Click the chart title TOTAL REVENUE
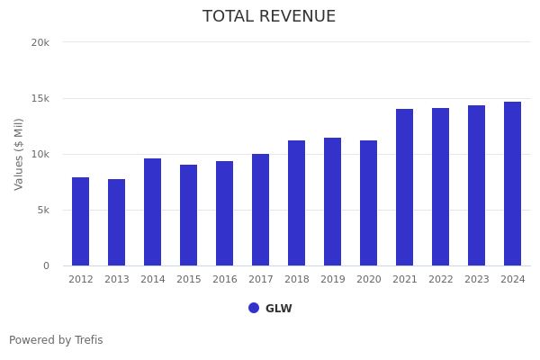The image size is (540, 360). click(x=269, y=17)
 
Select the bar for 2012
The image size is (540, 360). click(x=81, y=221)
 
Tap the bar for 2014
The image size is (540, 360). click(x=153, y=212)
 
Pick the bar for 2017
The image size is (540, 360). click(x=261, y=210)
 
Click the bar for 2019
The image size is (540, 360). click(x=333, y=202)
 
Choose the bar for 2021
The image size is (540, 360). click(x=405, y=187)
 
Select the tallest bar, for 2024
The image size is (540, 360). click(x=512, y=184)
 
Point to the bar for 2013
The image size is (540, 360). click(x=117, y=222)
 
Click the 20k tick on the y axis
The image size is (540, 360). click(x=40, y=42)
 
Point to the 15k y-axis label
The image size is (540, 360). click(x=40, y=98)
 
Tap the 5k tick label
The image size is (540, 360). click(x=42, y=210)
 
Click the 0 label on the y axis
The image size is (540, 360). click(x=45, y=265)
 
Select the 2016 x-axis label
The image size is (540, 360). click(x=225, y=280)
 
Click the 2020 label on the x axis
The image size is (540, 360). click(x=369, y=280)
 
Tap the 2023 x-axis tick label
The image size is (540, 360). click(x=477, y=280)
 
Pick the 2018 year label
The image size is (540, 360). click(x=297, y=280)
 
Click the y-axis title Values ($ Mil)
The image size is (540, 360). click(x=19, y=154)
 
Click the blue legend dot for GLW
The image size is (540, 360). click(x=254, y=308)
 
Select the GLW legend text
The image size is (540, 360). click(x=279, y=309)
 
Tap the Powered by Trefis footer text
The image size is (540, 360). click(x=56, y=340)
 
